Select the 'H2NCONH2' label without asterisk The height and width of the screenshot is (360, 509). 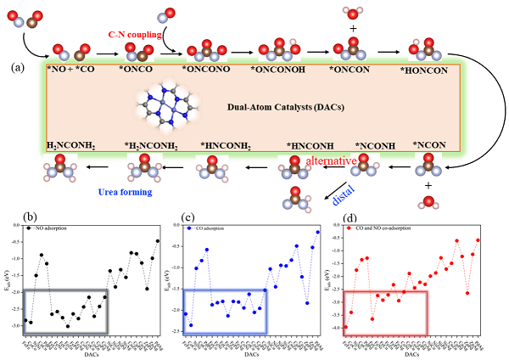click(70, 145)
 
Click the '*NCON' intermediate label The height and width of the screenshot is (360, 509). click(429, 145)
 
